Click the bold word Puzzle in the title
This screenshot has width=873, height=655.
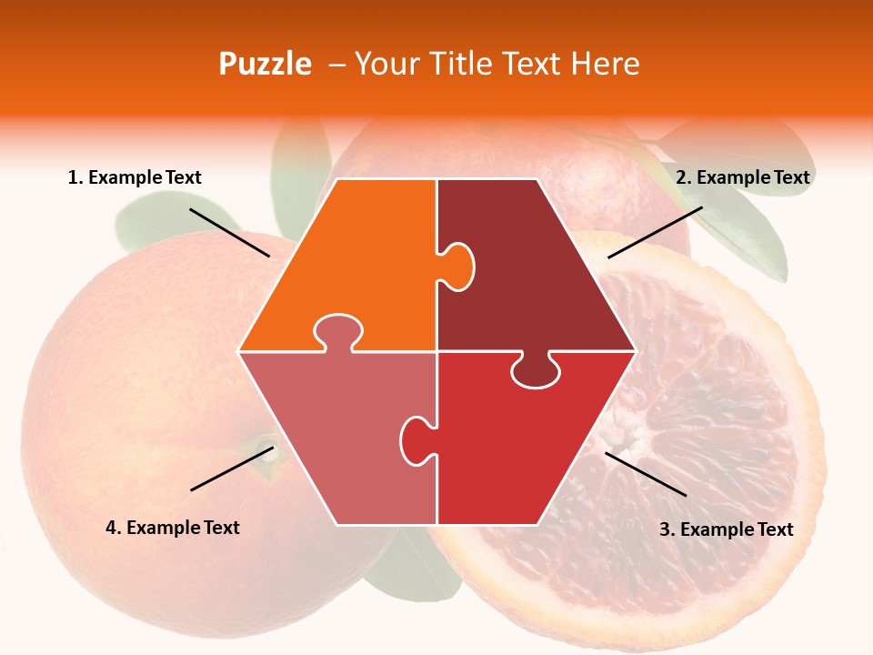tap(265, 64)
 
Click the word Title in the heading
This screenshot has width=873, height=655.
tap(457, 64)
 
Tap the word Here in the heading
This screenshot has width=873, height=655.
tap(605, 64)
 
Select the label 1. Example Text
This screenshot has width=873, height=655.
tap(135, 177)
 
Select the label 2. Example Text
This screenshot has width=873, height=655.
tap(742, 177)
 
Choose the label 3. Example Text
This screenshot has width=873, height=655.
tap(726, 529)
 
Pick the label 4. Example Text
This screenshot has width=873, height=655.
tap(173, 528)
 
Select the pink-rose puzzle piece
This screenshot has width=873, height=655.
tap(336, 428)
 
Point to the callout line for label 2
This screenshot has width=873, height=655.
tap(655, 232)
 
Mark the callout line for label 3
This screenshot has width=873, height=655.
tap(646, 474)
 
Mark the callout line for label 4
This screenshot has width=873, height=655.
tap(232, 469)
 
